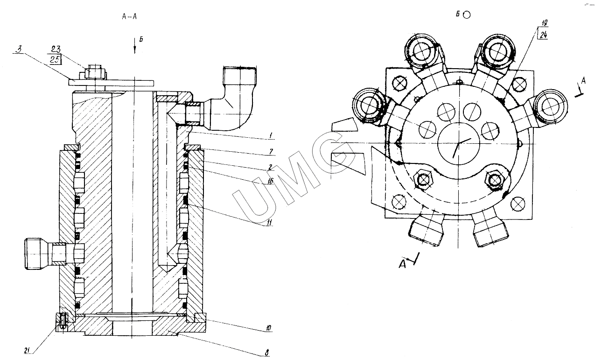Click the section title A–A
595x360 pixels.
pos(129,16)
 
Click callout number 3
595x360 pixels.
pos(19,49)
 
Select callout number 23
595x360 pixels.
pos(56,49)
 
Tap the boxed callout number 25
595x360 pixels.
pos(56,60)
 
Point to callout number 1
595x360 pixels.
pos(271,135)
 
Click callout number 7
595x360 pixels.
pos(271,152)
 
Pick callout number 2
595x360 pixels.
pos(270,167)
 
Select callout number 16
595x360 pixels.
pos(270,181)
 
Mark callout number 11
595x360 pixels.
pos(269,222)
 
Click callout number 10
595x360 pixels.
pos(268,328)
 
